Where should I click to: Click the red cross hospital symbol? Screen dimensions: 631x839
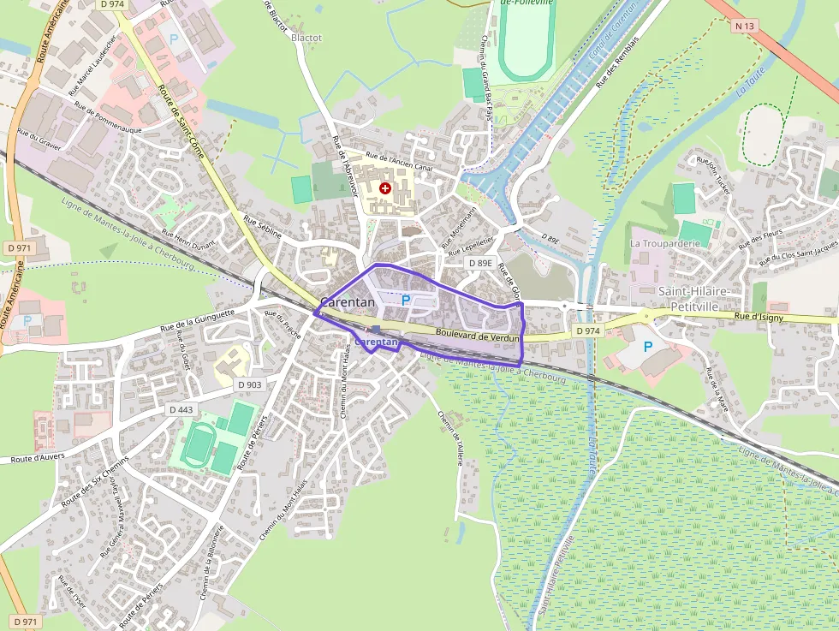(x=385, y=188)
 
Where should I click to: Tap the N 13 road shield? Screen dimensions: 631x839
(x=744, y=27)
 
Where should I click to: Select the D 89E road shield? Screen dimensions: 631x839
(x=480, y=263)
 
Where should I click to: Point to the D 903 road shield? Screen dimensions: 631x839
(x=249, y=384)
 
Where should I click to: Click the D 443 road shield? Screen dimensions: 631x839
(x=181, y=409)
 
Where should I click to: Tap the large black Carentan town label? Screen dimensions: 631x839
(x=348, y=302)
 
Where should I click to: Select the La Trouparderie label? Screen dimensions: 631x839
(x=665, y=243)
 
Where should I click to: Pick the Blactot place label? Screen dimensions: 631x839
(x=306, y=39)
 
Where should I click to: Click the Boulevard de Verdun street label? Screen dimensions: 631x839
(x=478, y=336)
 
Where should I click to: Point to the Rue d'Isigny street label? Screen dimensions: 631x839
(x=759, y=317)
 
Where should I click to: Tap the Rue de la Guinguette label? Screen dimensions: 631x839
(x=198, y=323)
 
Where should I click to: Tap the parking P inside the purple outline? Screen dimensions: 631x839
(x=406, y=301)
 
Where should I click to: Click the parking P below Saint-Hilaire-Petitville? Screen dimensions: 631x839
(x=648, y=347)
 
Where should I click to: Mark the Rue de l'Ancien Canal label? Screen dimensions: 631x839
(x=399, y=162)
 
